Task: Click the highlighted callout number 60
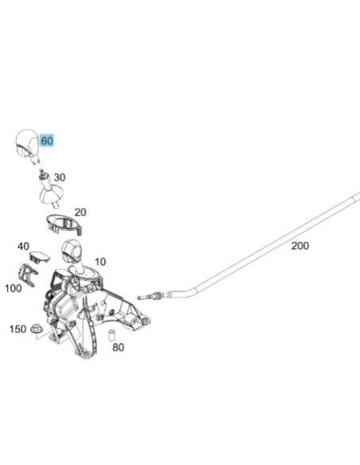click(x=47, y=141)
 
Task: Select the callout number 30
click(x=59, y=178)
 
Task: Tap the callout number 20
click(x=80, y=213)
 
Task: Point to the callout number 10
click(x=100, y=262)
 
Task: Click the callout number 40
click(x=23, y=246)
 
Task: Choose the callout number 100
click(x=14, y=288)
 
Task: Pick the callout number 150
click(x=18, y=329)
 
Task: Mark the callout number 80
click(x=118, y=347)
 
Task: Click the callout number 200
click(x=299, y=245)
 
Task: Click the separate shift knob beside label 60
click(x=26, y=144)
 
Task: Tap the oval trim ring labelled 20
click(x=64, y=225)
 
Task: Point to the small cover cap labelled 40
click(x=39, y=257)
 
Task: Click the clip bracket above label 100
click(x=28, y=275)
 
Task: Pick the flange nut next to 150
click(x=37, y=328)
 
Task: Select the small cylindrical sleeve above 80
click(x=112, y=335)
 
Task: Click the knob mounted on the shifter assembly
click(x=71, y=251)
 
